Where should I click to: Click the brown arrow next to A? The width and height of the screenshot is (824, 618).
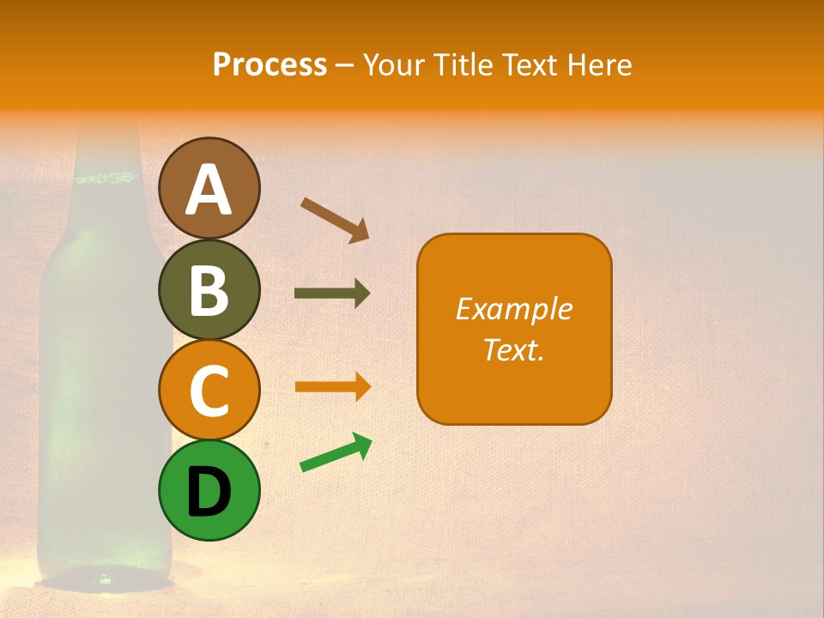click(x=334, y=219)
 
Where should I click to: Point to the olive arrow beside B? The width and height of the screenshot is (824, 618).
click(x=331, y=294)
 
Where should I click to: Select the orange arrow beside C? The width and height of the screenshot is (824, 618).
click(x=331, y=386)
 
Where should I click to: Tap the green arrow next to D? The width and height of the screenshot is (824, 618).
click(x=336, y=453)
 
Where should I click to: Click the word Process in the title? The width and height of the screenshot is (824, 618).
click(x=270, y=65)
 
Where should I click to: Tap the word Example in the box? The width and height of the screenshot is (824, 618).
click(x=513, y=309)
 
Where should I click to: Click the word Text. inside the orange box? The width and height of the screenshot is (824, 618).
click(x=513, y=350)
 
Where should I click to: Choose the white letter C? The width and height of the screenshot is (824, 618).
click(x=209, y=391)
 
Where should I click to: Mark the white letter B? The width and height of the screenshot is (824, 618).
click(x=209, y=290)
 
